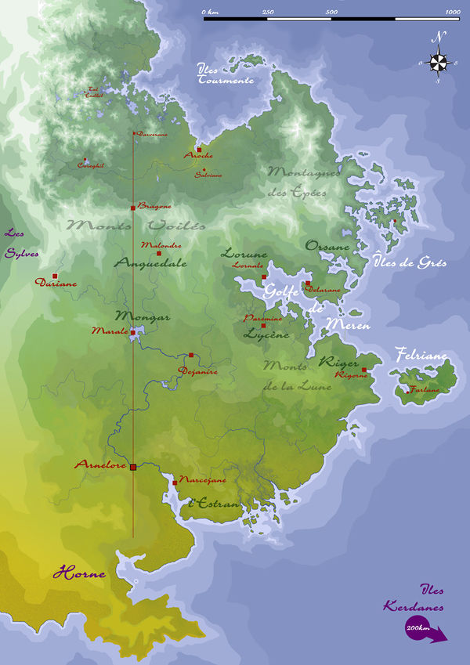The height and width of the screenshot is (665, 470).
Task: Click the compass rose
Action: click(439, 60)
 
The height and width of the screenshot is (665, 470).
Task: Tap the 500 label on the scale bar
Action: click(331, 12)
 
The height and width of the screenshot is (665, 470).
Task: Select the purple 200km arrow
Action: click(424, 630)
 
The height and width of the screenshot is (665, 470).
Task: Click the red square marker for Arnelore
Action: click(133, 467)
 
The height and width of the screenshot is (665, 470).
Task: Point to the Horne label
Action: click(79, 574)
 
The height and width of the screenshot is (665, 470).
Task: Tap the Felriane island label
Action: click(421, 356)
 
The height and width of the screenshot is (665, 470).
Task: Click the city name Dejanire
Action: click(197, 371)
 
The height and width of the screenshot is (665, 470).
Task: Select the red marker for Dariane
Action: click(55, 276)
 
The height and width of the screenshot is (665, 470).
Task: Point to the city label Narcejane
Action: click(203, 479)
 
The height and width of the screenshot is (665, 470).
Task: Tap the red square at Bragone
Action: click(133, 208)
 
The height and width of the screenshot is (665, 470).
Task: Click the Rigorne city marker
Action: click(364, 370)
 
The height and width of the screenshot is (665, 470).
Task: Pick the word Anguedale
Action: click(151, 264)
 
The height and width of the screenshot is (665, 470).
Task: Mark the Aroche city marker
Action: click(199, 149)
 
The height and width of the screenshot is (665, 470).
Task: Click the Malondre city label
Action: click(161, 245)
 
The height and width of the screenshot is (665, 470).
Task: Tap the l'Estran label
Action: click(215, 504)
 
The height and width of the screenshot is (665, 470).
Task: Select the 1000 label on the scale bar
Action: click(452, 12)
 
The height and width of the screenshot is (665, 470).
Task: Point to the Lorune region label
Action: click(244, 254)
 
